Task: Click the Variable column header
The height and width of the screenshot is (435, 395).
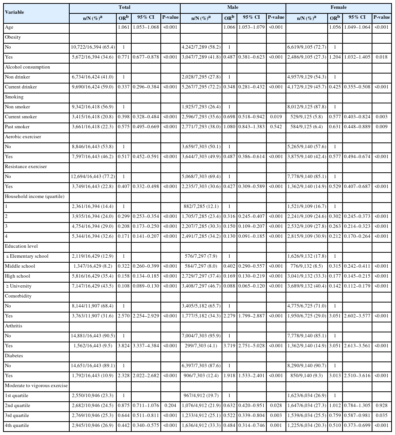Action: (15, 12)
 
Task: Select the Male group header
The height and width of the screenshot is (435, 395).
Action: (233, 7)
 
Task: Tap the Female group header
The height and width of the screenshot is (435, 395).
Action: (338, 7)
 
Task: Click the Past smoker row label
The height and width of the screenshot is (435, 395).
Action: (17, 127)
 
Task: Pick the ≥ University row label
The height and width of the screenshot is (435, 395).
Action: (18, 286)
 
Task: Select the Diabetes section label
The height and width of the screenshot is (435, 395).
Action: (14, 356)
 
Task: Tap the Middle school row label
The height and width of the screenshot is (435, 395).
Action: (20, 266)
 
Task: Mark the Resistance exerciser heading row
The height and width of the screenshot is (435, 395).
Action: (24, 167)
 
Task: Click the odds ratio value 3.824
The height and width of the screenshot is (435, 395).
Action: (124, 346)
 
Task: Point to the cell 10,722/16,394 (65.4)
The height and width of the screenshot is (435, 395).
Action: (92, 47)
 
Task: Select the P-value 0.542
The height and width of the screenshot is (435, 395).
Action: (276, 127)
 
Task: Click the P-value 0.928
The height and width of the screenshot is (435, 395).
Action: (382, 406)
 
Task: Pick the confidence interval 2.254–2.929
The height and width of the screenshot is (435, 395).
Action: (146, 316)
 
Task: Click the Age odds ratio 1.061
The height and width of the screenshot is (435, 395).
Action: (124, 27)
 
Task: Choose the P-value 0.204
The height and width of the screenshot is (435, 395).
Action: (170, 406)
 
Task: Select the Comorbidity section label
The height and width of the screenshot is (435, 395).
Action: (18, 296)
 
